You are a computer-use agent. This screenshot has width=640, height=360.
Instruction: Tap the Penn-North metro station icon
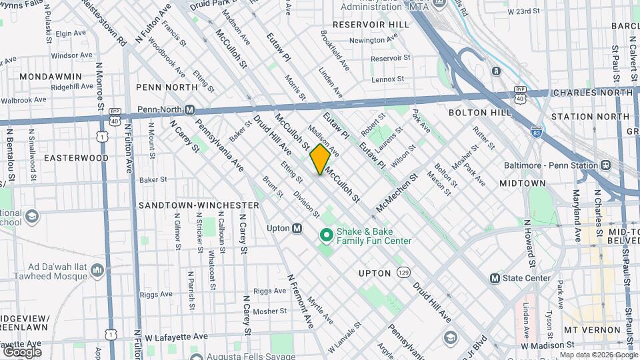coord(189,110)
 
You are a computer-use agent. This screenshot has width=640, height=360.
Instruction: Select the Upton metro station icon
coord(297,228)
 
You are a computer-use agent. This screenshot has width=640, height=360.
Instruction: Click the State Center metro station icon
coord(495,278)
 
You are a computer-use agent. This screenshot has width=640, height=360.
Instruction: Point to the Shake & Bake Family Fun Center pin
coord(327,235)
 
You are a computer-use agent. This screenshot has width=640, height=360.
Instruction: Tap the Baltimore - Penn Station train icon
coord(606,165)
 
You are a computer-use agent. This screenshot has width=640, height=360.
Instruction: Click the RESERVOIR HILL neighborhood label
coord(371,25)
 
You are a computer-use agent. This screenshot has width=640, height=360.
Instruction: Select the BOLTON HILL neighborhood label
coord(475,113)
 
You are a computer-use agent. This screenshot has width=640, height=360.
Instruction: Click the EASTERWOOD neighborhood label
coord(76,158)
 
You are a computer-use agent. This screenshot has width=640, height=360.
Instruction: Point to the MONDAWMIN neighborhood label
coord(51,77)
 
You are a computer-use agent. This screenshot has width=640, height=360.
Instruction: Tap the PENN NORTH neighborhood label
coord(167,87)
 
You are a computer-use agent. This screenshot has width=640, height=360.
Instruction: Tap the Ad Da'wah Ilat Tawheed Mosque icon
coord(97,270)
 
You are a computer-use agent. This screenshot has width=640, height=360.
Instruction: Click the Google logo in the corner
coord(22,351)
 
